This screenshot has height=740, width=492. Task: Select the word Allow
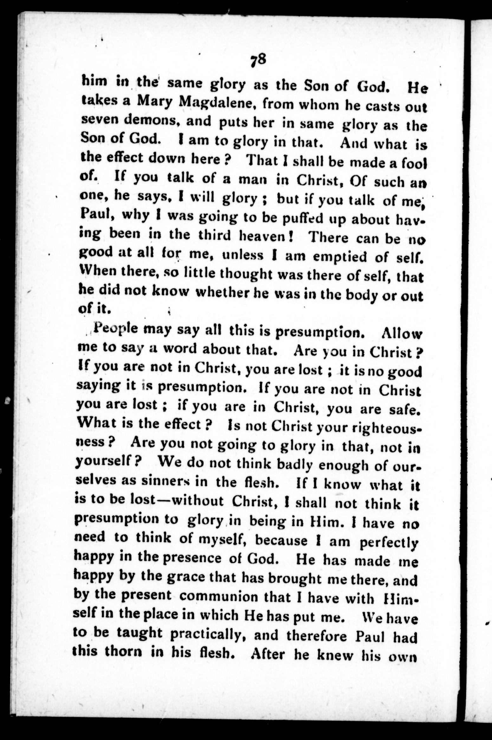[402, 334]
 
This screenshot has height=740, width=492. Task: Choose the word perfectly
[389, 542]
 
